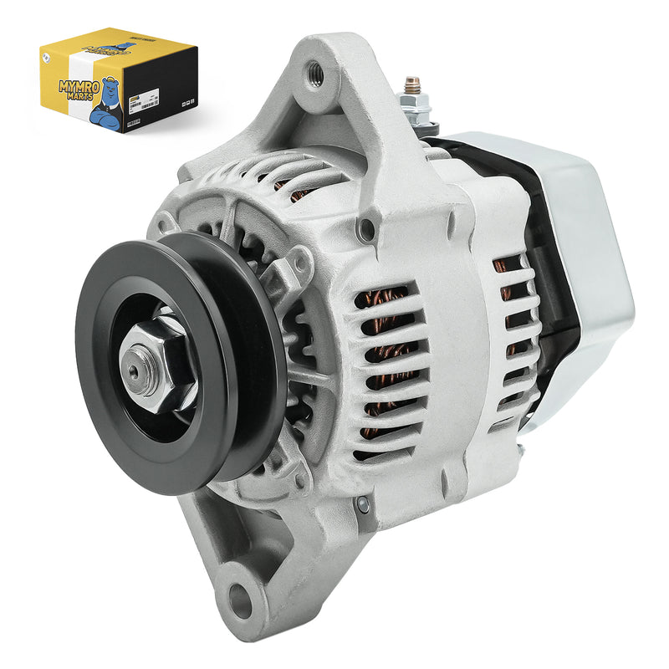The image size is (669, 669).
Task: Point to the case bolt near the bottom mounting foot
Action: pyautogui.click(x=362, y=504)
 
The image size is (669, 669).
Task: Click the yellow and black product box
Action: pyautogui.click(x=118, y=80)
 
